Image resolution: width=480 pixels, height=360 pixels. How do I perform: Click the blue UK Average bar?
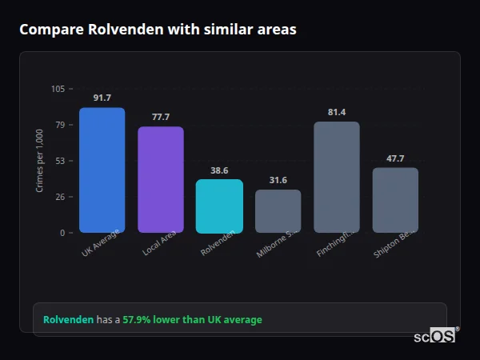click(x=102, y=170)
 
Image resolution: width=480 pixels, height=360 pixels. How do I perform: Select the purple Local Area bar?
click(x=161, y=180)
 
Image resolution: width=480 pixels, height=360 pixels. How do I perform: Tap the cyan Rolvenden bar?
click(x=219, y=206)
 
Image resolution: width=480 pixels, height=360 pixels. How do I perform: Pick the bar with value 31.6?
click(x=278, y=211)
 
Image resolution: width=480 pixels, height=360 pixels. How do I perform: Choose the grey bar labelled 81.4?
click(x=337, y=178)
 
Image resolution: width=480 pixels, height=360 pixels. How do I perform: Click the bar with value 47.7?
click(x=395, y=200)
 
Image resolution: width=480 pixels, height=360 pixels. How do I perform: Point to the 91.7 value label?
click(x=102, y=98)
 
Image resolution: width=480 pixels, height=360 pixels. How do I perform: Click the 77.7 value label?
click(x=161, y=117)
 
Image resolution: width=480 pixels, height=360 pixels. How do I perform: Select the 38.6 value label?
click(x=219, y=170)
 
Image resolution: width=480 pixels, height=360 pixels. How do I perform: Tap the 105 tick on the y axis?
click(x=58, y=89)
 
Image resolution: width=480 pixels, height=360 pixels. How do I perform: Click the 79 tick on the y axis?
click(x=60, y=125)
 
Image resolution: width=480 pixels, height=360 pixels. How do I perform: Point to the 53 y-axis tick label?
click(x=60, y=161)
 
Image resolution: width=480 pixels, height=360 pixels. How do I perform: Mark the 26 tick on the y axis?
click(x=60, y=197)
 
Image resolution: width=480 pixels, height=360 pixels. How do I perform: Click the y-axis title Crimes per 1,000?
click(x=39, y=161)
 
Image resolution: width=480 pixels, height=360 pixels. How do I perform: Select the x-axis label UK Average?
click(x=101, y=243)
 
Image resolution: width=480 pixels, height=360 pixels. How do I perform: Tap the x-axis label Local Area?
click(x=159, y=243)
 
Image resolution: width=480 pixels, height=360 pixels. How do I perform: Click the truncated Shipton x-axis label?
click(x=393, y=245)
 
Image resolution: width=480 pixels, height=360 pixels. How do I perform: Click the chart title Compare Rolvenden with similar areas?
click(x=158, y=30)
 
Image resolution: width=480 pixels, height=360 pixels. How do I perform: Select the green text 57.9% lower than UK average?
click(x=192, y=320)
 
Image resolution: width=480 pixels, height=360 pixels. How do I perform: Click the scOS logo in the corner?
click(x=435, y=336)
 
